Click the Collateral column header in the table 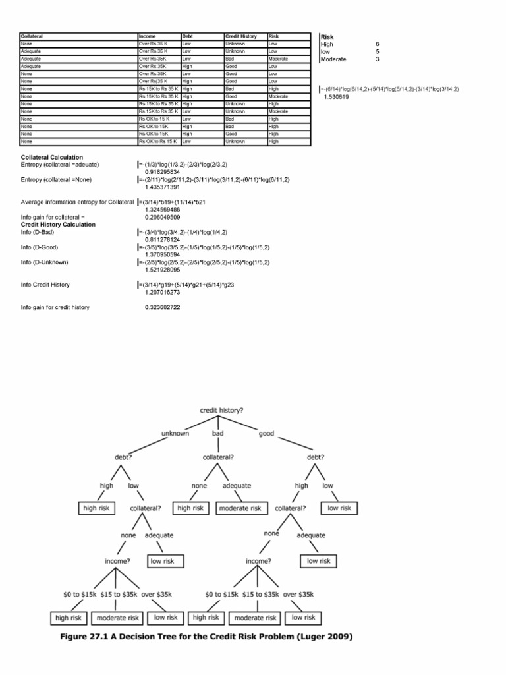click(32, 36)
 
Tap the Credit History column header click(240, 36)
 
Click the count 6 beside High click(378, 44)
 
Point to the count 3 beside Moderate click(378, 59)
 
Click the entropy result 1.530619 click(337, 96)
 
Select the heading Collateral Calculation click(52, 157)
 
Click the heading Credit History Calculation click(58, 225)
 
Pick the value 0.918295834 click(162, 171)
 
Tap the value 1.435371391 click(162, 187)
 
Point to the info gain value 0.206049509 click(162, 217)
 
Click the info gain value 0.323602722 click(162, 308)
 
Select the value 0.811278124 click(162, 240)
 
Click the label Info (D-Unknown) click(44, 262)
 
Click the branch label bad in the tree click(218, 434)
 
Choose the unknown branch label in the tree click(175, 434)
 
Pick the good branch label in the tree click(266, 434)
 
